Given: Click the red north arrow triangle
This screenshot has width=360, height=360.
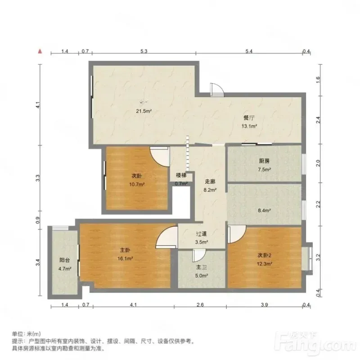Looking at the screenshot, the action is [x=40, y=51].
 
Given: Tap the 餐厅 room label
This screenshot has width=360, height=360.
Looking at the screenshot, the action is [x=249, y=118].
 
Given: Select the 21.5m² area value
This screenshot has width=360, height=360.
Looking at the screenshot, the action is [x=144, y=111].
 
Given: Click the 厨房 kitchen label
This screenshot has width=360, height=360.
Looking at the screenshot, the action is [x=264, y=161].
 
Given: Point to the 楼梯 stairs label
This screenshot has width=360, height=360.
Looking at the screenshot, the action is [x=181, y=175].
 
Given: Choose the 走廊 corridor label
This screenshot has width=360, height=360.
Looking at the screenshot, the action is [x=210, y=182].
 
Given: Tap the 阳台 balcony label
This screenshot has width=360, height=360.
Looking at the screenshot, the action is [x=65, y=260].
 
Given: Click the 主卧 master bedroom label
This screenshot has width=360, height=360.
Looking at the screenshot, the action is [x=125, y=250].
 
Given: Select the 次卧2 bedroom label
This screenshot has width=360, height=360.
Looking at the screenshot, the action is [x=265, y=255].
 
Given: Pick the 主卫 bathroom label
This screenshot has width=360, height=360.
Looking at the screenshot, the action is [x=202, y=267].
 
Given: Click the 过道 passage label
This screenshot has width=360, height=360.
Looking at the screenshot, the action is [x=202, y=234].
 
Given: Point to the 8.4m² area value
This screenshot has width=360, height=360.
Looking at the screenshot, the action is [x=264, y=210].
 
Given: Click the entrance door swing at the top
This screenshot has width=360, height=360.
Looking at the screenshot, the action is [x=216, y=89].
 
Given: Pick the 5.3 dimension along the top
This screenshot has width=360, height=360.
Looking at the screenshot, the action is [x=144, y=51].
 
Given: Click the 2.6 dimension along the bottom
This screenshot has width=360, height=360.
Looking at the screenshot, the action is [x=200, y=305].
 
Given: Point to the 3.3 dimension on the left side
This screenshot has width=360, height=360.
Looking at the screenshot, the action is [x=38, y=178].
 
